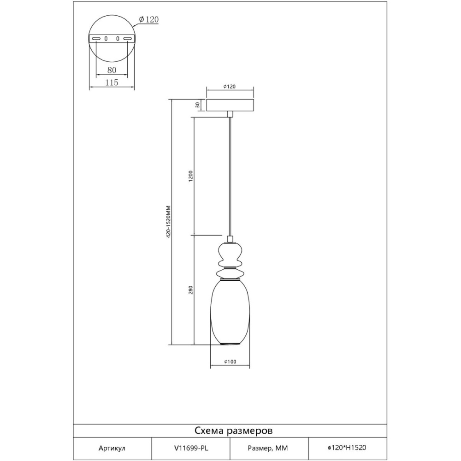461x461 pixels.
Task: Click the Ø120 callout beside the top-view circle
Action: coord(148,19)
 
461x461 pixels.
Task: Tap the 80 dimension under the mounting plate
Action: coord(112,70)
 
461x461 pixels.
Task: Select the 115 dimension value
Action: coord(112,83)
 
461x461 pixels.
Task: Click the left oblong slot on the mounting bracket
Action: coord(96,39)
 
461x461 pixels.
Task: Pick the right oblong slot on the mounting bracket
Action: coord(127,39)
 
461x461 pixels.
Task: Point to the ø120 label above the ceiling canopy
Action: coord(230,87)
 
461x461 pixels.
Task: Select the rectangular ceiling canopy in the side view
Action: coord(230,105)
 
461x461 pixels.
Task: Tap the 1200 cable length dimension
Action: coord(190,177)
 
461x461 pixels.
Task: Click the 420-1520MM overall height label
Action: coord(168,221)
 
